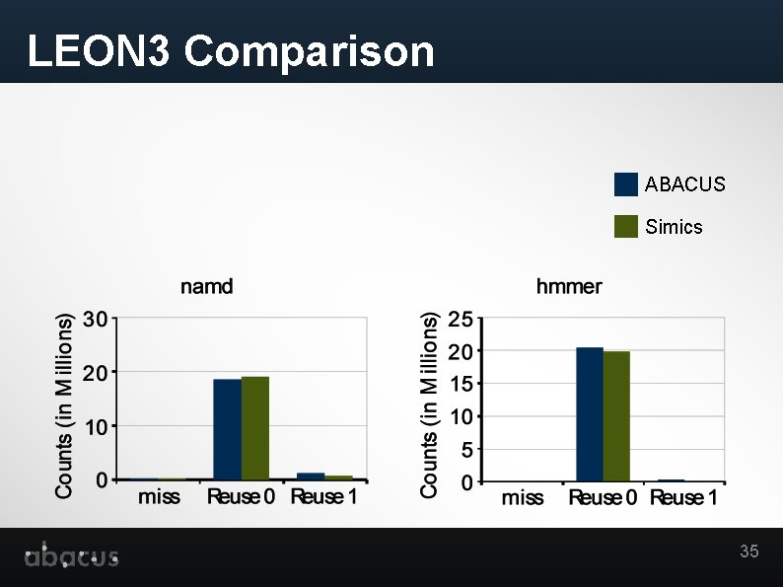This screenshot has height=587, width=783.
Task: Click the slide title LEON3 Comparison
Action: coord(231,51)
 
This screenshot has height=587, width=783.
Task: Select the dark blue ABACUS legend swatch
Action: coord(625,184)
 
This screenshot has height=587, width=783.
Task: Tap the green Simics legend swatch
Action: coord(625,226)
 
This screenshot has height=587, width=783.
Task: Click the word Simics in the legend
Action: coord(674,227)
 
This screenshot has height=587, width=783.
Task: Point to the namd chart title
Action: coord(206,287)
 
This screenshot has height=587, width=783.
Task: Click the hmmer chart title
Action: coord(569,287)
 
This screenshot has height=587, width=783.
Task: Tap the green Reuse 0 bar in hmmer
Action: coord(616,416)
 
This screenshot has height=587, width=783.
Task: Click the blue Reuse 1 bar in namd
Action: coord(311,477)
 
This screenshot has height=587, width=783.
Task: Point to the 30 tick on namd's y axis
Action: coord(96,319)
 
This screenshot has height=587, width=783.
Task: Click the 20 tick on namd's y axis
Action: coord(96,373)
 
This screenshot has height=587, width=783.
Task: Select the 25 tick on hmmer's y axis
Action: coord(460,319)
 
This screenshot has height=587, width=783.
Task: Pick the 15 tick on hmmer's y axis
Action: coord(460,384)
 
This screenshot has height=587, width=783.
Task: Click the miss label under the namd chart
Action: coord(159,497)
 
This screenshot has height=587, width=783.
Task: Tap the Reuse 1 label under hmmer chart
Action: coord(683,498)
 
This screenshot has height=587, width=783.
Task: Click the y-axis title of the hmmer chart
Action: coord(430,404)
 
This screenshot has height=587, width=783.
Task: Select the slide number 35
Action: coord(749,551)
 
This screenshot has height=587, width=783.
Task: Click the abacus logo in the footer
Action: coord(71,556)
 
